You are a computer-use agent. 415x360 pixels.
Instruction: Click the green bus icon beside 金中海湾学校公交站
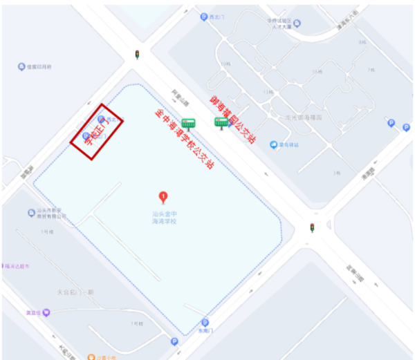188,124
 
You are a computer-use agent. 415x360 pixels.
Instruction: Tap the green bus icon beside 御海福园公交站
221,123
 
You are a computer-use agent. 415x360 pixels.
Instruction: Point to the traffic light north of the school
137,54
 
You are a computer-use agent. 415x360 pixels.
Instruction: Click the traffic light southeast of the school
312,227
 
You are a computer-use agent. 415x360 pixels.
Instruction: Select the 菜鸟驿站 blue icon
274,144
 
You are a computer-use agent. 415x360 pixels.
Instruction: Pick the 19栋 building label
264,92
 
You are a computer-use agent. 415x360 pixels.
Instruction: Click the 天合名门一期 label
75,292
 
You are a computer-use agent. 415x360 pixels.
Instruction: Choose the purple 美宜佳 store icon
46,313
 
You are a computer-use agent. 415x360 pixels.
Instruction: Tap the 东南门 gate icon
205,322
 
